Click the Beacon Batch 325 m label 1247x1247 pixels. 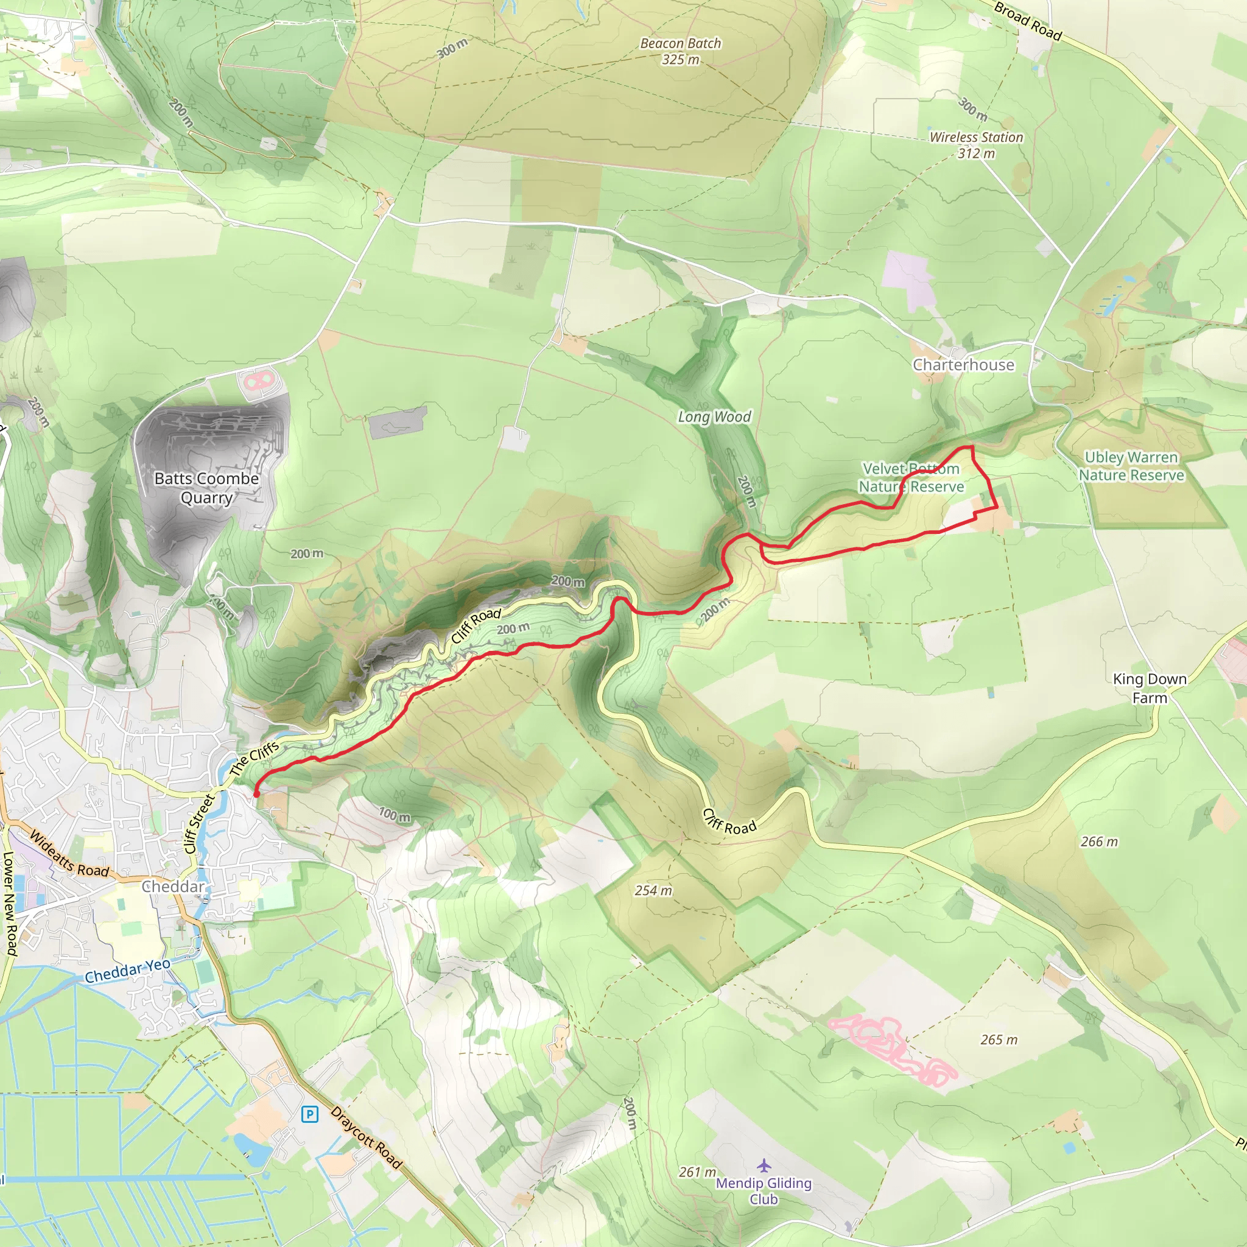click(x=680, y=52)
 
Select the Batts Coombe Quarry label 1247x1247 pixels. click(x=206, y=488)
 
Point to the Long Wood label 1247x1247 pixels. click(x=714, y=417)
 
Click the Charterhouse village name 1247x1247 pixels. click(x=963, y=365)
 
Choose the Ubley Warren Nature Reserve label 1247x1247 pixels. click(x=1131, y=466)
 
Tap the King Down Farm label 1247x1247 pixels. click(x=1150, y=688)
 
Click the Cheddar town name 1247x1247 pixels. click(x=173, y=886)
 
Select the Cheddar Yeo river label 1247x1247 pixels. click(x=128, y=970)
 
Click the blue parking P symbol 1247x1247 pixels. click(x=310, y=1114)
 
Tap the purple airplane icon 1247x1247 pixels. click(x=764, y=1165)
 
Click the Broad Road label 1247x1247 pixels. click(x=1028, y=21)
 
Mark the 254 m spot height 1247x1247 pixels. click(x=653, y=891)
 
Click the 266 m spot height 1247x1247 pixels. click(x=1099, y=841)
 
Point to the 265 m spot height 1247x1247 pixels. click(x=999, y=1040)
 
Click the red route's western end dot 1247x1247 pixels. click(x=256, y=793)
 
